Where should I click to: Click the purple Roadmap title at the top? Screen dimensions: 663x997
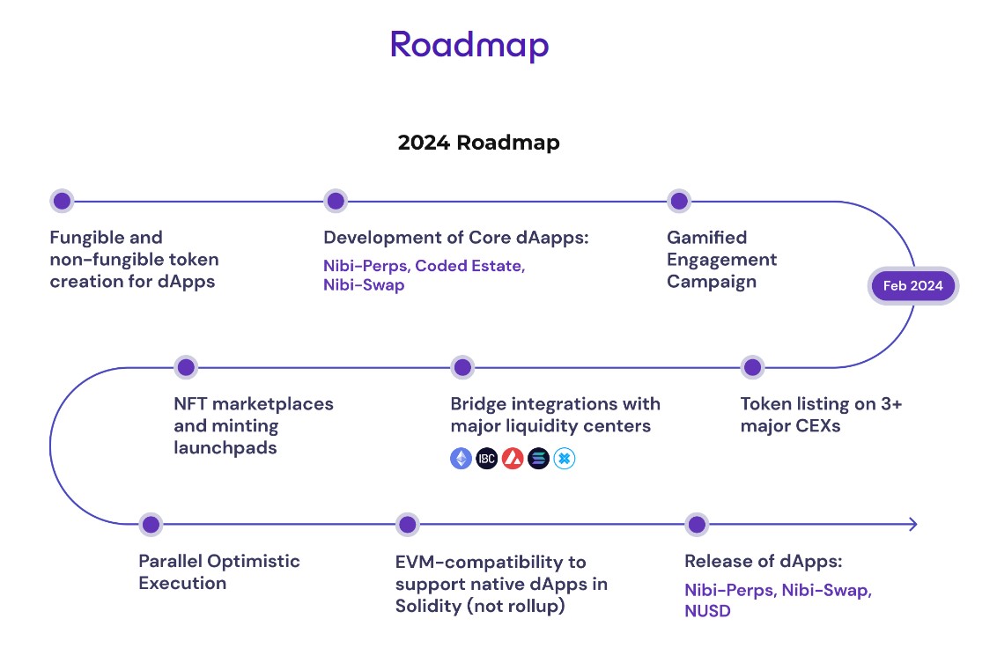coord(469,44)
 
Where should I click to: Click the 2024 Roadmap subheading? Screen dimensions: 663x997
coord(478,143)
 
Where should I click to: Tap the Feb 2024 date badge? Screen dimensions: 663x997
coord(912,285)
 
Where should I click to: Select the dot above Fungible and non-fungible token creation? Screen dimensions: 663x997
coord(62,201)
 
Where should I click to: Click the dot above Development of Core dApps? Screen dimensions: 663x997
coord(336,201)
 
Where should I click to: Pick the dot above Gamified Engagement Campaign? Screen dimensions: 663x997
coord(678,201)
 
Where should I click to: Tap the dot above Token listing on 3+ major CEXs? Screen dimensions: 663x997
coord(751,367)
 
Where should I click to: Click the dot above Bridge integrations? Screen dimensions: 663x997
coord(462,367)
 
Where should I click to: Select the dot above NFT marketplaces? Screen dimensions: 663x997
coord(186,367)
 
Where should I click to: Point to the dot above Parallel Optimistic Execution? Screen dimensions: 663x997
coord(151,525)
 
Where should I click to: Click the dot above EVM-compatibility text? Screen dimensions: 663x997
coord(407,525)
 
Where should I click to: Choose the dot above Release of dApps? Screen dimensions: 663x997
coord(697,525)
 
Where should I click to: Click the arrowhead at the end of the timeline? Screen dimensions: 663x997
coord(912,525)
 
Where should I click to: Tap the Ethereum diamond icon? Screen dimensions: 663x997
coord(462,459)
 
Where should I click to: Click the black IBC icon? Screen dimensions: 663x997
coord(487,459)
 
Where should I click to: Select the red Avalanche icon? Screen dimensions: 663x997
coord(513,459)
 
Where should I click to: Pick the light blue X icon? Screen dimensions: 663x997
coord(565,459)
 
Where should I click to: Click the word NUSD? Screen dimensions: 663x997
coord(707,611)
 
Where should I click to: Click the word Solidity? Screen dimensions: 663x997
coord(426,606)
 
